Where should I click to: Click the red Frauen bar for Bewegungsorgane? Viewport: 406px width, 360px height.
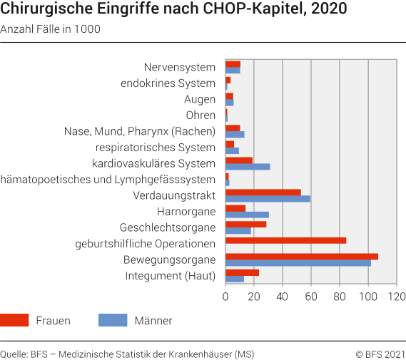pyautogui.click(x=302, y=257)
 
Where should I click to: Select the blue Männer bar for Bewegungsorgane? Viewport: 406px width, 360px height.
pyautogui.click(x=298, y=263)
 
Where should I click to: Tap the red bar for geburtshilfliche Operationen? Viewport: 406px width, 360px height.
pyautogui.click(x=285, y=240)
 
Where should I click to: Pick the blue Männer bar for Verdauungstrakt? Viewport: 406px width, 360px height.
pyautogui.click(x=268, y=199)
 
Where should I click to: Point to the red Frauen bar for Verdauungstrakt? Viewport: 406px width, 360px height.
pyautogui.click(x=263, y=192)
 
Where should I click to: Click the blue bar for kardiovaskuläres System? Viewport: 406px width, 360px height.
pyautogui.click(x=248, y=167)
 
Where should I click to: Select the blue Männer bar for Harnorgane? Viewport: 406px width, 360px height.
pyautogui.click(x=247, y=215)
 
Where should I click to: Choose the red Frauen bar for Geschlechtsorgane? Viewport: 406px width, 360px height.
pyautogui.click(x=245, y=225)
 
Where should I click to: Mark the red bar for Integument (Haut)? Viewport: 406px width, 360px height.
pyautogui.click(x=242, y=272)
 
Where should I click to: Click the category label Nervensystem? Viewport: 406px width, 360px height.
pyautogui.click(x=179, y=67)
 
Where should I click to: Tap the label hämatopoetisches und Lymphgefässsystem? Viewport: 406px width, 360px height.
pyautogui.click(x=108, y=180)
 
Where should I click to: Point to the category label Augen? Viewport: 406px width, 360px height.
pyautogui.click(x=199, y=99)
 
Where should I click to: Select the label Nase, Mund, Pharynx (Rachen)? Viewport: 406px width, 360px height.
pyautogui.click(x=139, y=131)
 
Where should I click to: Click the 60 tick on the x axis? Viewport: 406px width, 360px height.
pyautogui.click(x=311, y=296)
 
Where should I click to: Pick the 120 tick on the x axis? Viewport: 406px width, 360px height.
pyautogui.click(x=397, y=296)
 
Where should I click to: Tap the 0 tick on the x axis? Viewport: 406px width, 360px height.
pyautogui.click(x=225, y=296)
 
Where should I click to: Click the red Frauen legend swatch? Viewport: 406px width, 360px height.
pyautogui.click(x=14, y=320)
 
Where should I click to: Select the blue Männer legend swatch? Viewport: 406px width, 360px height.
pyautogui.click(x=113, y=320)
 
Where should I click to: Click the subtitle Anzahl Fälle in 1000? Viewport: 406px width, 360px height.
pyautogui.click(x=50, y=29)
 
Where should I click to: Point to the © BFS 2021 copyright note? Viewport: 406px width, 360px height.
pyautogui.click(x=380, y=354)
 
